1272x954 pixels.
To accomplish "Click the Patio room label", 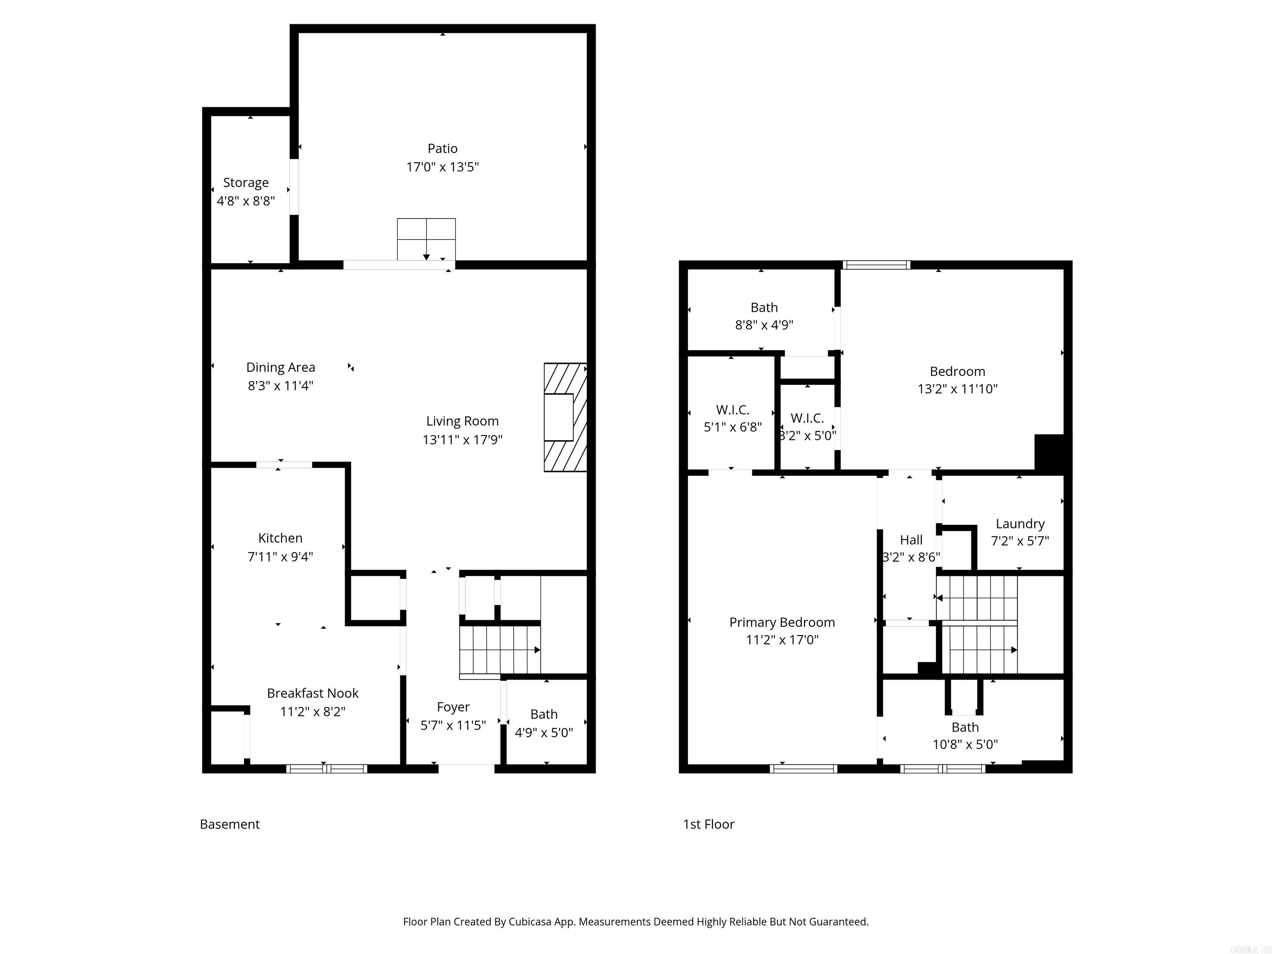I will pyautogui.click(x=442, y=148).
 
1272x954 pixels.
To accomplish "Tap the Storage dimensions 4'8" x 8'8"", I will pyautogui.click(x=246, y=201).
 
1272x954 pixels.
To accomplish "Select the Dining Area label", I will pyautogui.click(x=281, y=367).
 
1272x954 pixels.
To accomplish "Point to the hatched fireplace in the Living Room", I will pyautogui.click(x=565, y=417).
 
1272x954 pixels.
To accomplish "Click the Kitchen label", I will pyautogui.click(x=280, y=538).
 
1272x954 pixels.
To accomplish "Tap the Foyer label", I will pyautogui.click(x=453, y=707).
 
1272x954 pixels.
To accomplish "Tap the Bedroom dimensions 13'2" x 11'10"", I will pyautogui.click(x=957, y=389).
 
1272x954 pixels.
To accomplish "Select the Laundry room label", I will pyautogui.click(x=1019, y=523).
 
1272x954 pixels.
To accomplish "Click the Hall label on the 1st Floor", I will pyautogui.click(x=911, y=540).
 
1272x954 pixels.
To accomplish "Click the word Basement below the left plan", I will pyautogui.click(x=229, y=824).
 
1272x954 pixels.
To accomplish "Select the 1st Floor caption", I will pyautogui.click(x=708, y=824).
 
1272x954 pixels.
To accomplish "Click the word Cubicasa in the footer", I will pyautogui.click(x=530, y=922).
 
